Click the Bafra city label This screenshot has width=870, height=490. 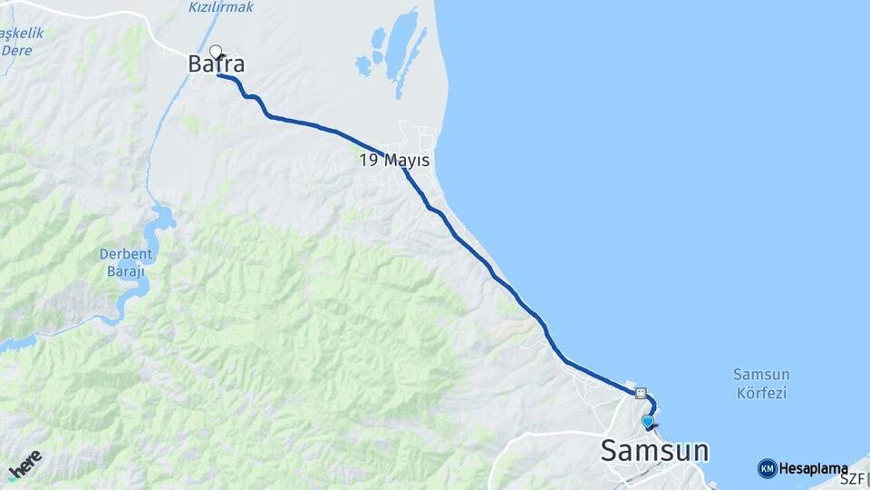tap(217, 64)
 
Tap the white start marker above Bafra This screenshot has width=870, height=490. tap(216, 51)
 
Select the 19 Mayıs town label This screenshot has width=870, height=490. tap(394, 160)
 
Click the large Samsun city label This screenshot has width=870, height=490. tap(655, 450)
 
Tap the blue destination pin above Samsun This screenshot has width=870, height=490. tap(647, 422)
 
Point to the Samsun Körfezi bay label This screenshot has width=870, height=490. tap(760, 383)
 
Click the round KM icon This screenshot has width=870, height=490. tap(767, 468)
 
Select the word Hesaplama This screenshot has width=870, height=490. tap(813, 469)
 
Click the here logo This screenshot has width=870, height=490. tap(25, 464)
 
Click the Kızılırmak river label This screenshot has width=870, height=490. tap(221, 7)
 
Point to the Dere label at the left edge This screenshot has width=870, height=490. tap(15, 50)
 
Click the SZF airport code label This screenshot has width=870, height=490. tap(852, 478)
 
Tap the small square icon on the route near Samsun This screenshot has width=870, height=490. tap(641, 394)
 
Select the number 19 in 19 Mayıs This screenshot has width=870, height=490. tap(369, 160)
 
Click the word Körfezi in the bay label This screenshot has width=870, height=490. tap(761, 393)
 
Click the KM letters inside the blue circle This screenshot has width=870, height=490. tap(767, 468)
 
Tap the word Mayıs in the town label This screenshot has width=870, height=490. tap(406, 161)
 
